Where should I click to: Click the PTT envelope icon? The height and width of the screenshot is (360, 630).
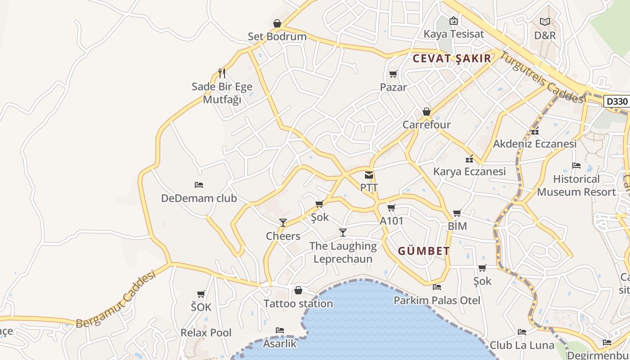pyautogui.click(x=369, y=175)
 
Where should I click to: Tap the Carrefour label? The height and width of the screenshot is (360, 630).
pyautogui.click(x=427, y=125)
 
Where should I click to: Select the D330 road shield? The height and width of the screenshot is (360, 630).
pyautogui.click(x=616, y=101)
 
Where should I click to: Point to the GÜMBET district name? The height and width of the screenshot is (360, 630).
pyautogui.click(x=424, y=251)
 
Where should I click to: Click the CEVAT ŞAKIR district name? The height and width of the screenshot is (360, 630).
pyautogui.click(x=452, y=58)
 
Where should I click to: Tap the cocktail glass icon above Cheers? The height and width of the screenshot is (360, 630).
pyautogui.click(x=283, y=222)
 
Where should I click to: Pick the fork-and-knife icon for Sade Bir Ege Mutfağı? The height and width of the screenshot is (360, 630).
pyautogui.click(x=222, y=73)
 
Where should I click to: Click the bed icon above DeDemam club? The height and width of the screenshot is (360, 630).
pyautogui.click(x=199, y=184)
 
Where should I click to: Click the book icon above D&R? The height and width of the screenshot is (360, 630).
pyautogui.click(x=545, y=22)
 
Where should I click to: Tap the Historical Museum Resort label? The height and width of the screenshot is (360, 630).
pyautogui.click(x=576, y=185)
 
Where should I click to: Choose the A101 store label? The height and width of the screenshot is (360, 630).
pyautogui.click(x=391, y=221)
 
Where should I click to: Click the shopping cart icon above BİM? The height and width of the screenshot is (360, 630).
pyautogui.click(x=457, y=213)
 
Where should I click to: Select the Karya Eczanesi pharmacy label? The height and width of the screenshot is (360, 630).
pyautogui.click(x=469, y=171)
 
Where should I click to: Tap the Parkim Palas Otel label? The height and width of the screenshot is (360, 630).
pyautogui.click(x=437, y=300)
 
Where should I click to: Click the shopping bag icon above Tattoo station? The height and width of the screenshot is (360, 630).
pyautogui.click(x=298, y=290)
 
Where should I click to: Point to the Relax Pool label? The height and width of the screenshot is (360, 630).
pyautogui.click(x=206, y=333)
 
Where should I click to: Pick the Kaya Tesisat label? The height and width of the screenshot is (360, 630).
pyautogui.click(x=454, y=34)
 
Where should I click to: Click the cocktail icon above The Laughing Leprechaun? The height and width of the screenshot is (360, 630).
pyautogui.click(x=343, y=232)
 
